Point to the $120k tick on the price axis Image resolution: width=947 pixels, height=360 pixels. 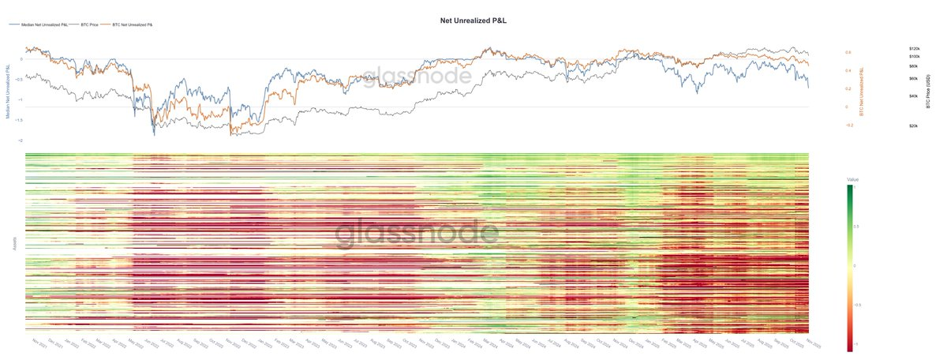[x=915, y=49]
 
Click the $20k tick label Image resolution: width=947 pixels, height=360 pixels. [x=914, y=126]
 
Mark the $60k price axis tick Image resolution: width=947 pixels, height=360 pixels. [x=914, y=79]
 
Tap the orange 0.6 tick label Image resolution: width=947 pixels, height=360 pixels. [x=848, y=52]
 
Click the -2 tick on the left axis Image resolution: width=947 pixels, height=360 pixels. [x=20, y=141]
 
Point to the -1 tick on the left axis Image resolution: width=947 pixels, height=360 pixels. [x=20, y=99]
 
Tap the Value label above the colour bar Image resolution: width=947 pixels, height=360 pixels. [x=852, y=179]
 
